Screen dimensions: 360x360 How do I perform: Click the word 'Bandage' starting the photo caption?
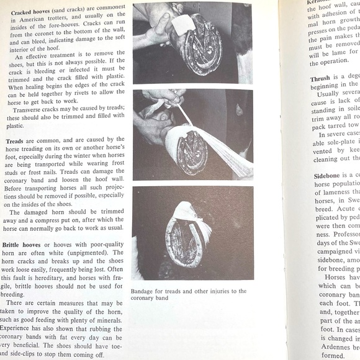coord(144,291)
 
